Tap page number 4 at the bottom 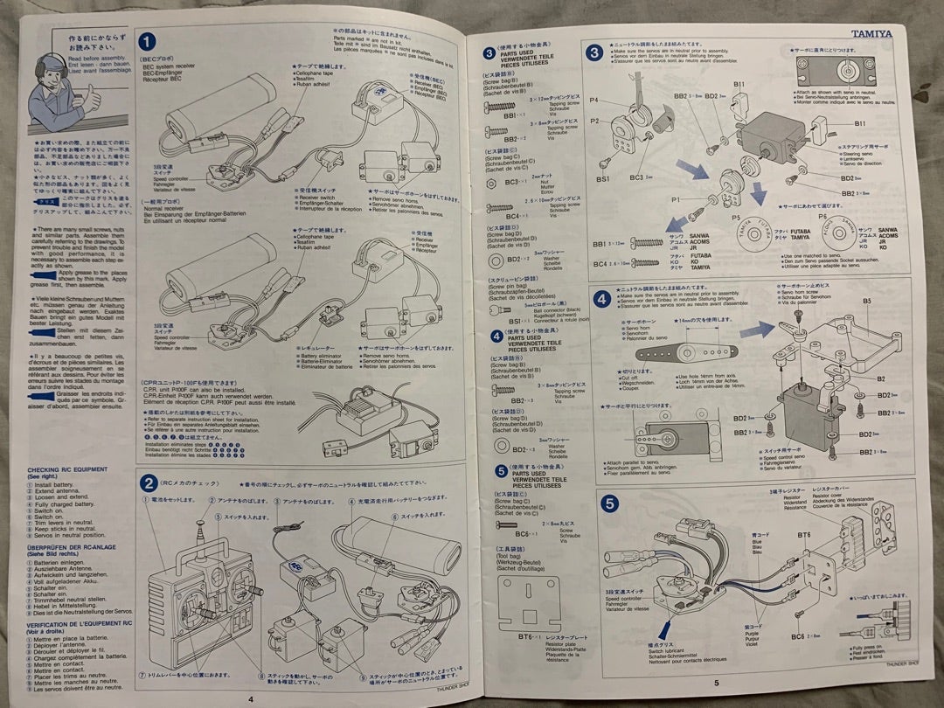point(251,698)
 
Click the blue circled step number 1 point(149,41)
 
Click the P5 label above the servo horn point(735,215)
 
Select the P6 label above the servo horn point(823,214)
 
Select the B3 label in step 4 point(867,300)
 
